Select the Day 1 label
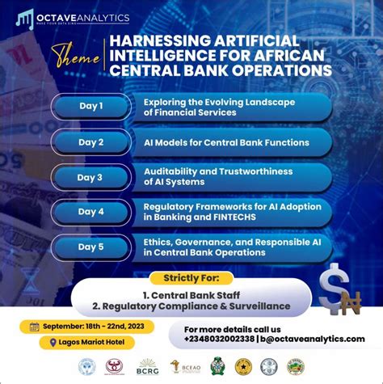point(90,105)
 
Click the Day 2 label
point(90,142)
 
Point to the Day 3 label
point(90,177)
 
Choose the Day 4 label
point(90,212)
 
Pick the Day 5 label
point(90,247)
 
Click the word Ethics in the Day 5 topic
point(158,241)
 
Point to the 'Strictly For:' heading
point(191,279)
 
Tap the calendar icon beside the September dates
point(33,327)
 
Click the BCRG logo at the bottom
point(148,368)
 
